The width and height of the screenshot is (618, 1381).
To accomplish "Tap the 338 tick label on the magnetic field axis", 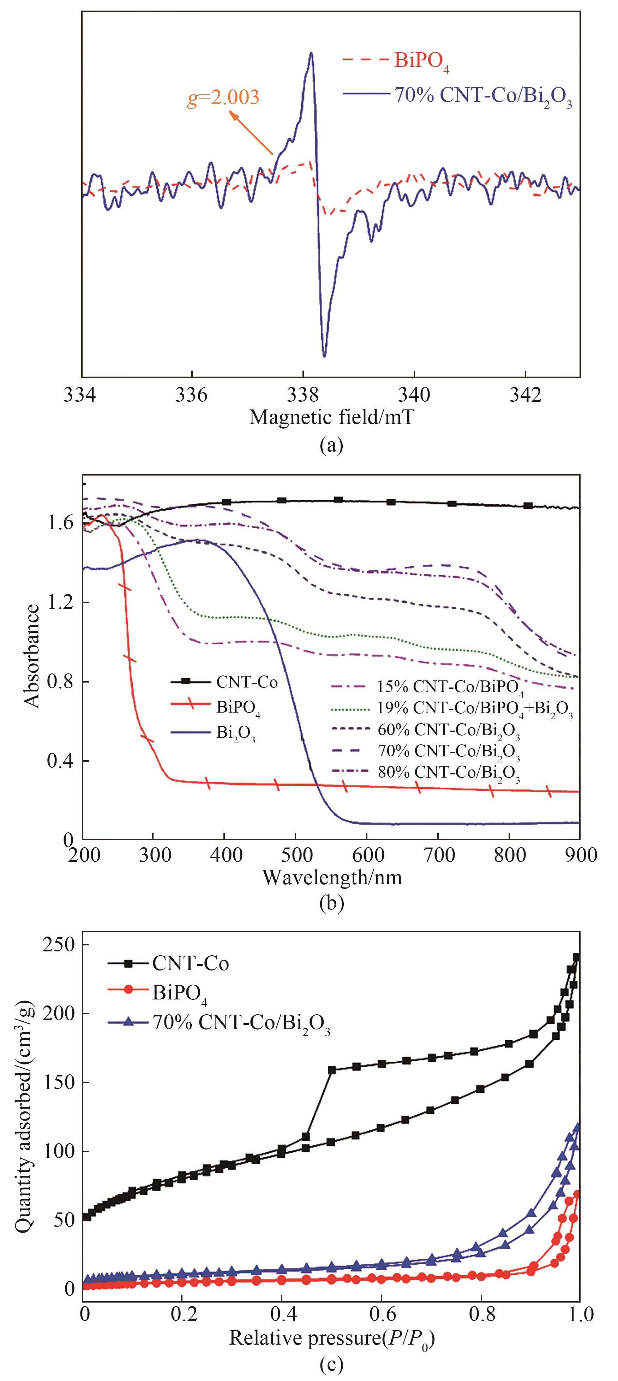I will point(302,395).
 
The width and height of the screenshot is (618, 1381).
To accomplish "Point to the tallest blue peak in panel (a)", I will point(311,53).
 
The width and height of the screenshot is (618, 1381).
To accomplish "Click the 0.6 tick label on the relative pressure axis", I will point(381,1314).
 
